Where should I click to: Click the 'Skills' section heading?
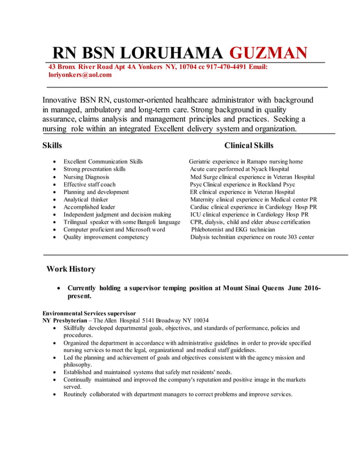click(x=52, y=146)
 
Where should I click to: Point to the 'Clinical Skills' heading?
click(x=248, y=146)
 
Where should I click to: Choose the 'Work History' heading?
click(x=71, y=269)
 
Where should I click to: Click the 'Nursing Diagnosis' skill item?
click(x=86, y=177)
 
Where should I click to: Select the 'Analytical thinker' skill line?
click(x=86, y=200)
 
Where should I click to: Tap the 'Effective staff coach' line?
click(x=89, y=184)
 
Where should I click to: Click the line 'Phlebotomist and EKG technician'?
click(x=233, y=230)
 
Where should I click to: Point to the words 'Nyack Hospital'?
click(x=269, y=169)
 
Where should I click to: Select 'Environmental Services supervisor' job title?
click(x=89, y=313)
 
